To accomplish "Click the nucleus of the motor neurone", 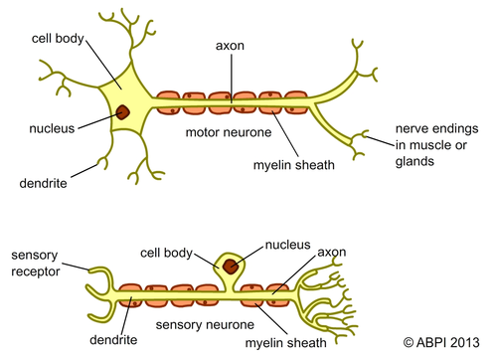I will tap(122, 112).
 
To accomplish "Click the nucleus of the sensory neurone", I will tap(232, 267).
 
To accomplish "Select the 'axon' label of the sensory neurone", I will tap(331, 252).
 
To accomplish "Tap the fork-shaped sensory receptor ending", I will tap(97, 286).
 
